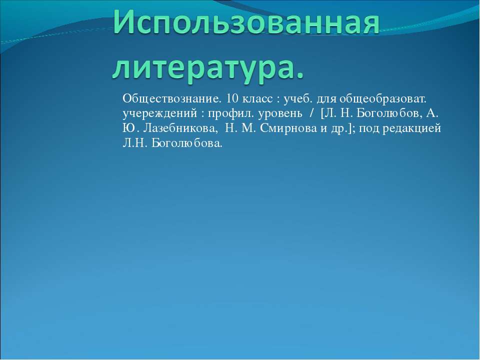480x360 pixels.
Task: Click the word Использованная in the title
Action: (x=246, y=21)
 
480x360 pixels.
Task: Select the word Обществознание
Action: (x=171, y=98)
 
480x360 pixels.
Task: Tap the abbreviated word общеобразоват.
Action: (x=382, y=99)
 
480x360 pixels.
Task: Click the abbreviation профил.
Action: (x=231, y=114)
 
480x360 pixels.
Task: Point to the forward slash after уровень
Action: (x=312, y=113)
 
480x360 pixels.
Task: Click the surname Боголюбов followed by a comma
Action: (x=390, y=113)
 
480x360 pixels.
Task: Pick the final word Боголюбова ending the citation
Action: (x=187, y=143)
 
